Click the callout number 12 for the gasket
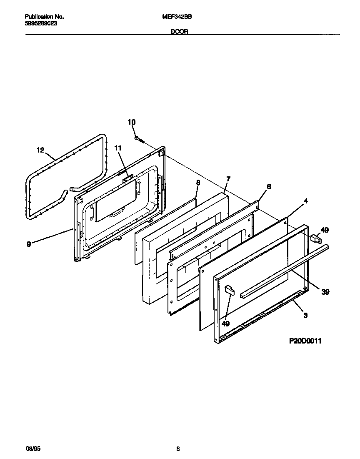coord(40,150)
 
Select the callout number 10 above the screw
coord(131,122)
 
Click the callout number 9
coord(29,245)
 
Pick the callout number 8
coord(198,182)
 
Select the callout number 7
coord(228,179)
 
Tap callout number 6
coord(269,187)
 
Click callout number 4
coord(306,201)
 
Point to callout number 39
coord(325,292)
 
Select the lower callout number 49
coord(225,323)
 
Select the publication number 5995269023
coord(41,24)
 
